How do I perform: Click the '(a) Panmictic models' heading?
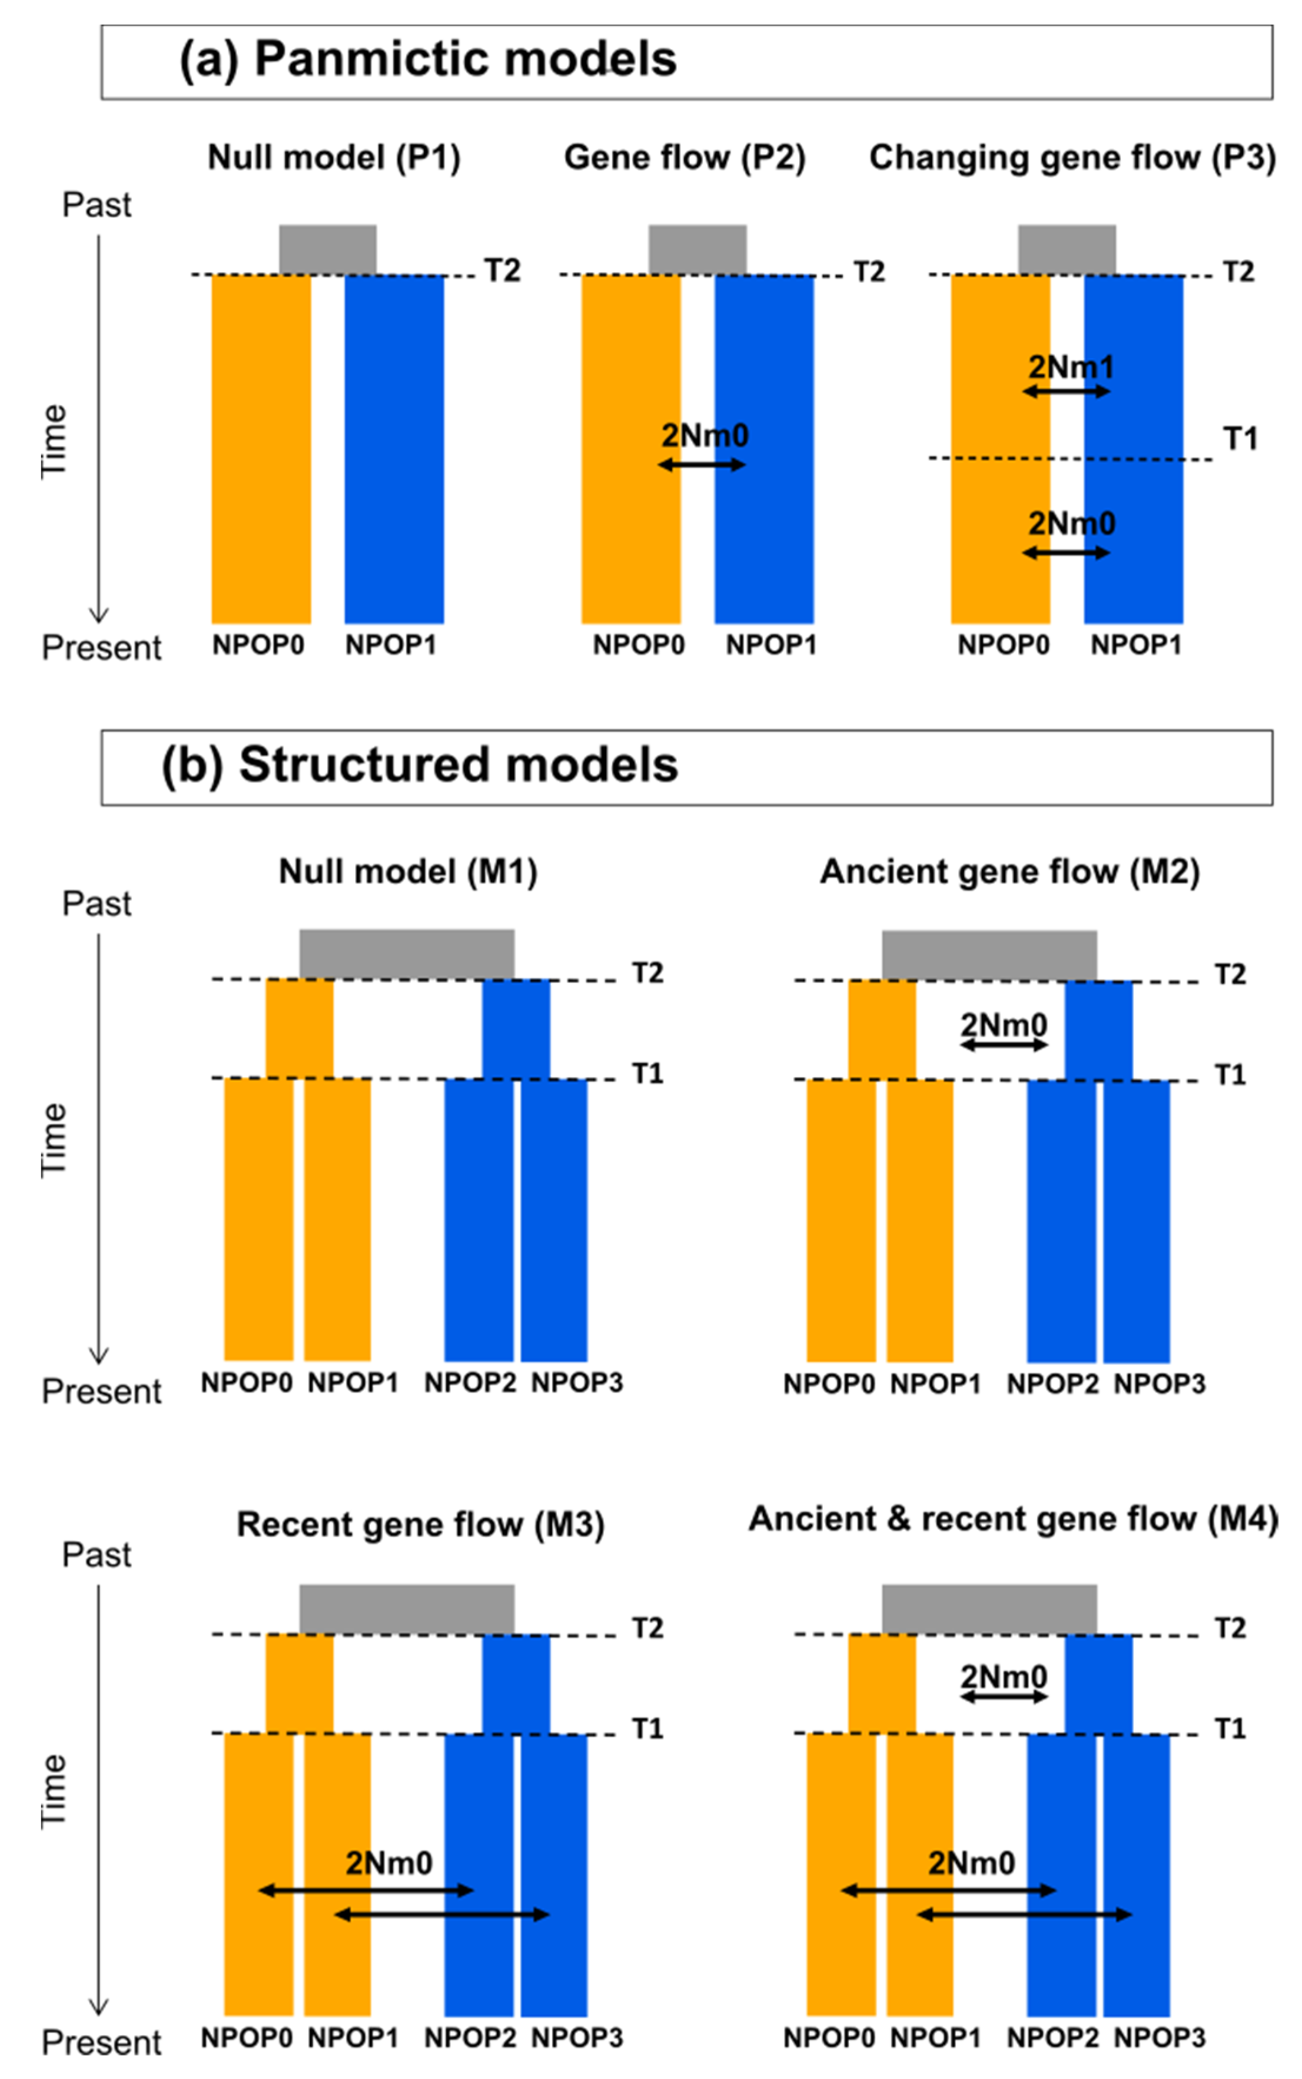coord(427,59)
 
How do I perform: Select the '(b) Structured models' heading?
coord(419,765)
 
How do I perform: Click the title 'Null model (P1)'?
coord(334,158)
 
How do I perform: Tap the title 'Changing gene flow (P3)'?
coord(1072,158)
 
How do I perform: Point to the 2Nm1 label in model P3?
coord(1070,368)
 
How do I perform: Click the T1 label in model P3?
coord(1240,439)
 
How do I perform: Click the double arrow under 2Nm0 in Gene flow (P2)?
coord(701,465)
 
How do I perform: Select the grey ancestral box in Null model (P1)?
coord(327,250)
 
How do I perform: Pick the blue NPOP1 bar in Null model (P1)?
coord(394,448)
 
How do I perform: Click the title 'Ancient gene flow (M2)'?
coord(1009,872)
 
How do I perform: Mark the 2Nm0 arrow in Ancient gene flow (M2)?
coord(1003,1045)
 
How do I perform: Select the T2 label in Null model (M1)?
coord(647,974)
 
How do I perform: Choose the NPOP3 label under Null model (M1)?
coord(576,1383)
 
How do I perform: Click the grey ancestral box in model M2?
coord(988,955)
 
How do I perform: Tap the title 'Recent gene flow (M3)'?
coord(420,1525)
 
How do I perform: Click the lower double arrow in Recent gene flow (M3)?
coord(441,1915)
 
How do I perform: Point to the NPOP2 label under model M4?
coord(1052,2038)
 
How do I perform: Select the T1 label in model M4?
coord(1230,1729)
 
